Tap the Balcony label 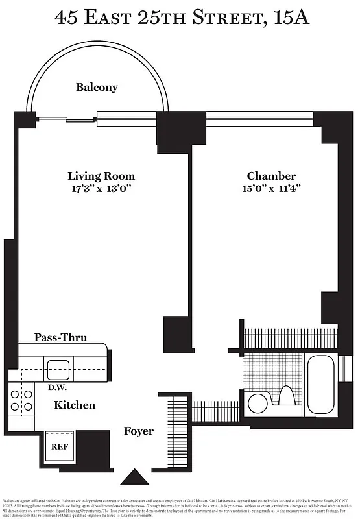click(97, 87)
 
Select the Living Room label click(101, 176)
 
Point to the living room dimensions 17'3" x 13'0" click(101, 189)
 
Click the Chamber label click(271, 176)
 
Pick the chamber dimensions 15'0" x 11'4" click(271, 189)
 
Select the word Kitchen click(75, 405)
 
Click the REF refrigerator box click(60, 446)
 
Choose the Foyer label click(139, 431)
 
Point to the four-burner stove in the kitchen click(21, 400)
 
